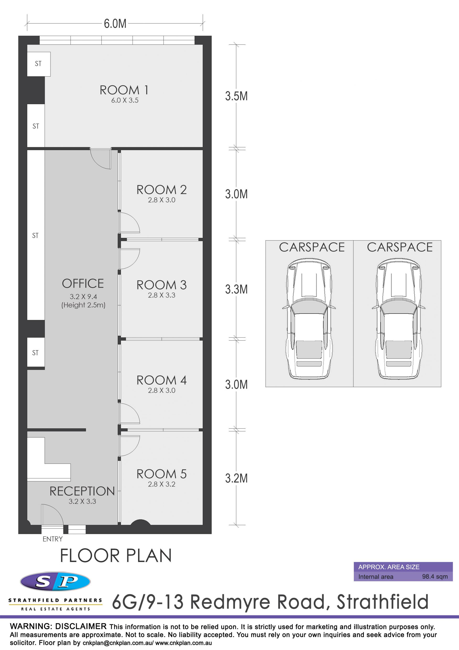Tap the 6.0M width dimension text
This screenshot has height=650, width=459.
point(115,23)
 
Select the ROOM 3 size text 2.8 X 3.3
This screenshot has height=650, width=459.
point(161,295)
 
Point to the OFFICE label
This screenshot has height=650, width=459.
point(83,283)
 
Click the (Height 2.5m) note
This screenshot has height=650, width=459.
point(83,305)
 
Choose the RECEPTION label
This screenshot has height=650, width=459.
point(82,491)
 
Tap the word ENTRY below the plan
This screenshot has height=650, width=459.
point(53,539)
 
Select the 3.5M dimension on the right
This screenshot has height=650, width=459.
point(236,96)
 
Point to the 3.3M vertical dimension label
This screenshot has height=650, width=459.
point(236,289)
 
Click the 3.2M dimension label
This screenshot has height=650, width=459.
point(236,478)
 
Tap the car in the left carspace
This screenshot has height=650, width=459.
point(309,319)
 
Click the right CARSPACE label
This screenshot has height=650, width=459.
point(400,247)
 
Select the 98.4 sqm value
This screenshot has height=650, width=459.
point(435,576)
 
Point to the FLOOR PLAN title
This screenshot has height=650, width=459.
point(116,555)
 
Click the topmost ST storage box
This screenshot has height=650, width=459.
point(39,64)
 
